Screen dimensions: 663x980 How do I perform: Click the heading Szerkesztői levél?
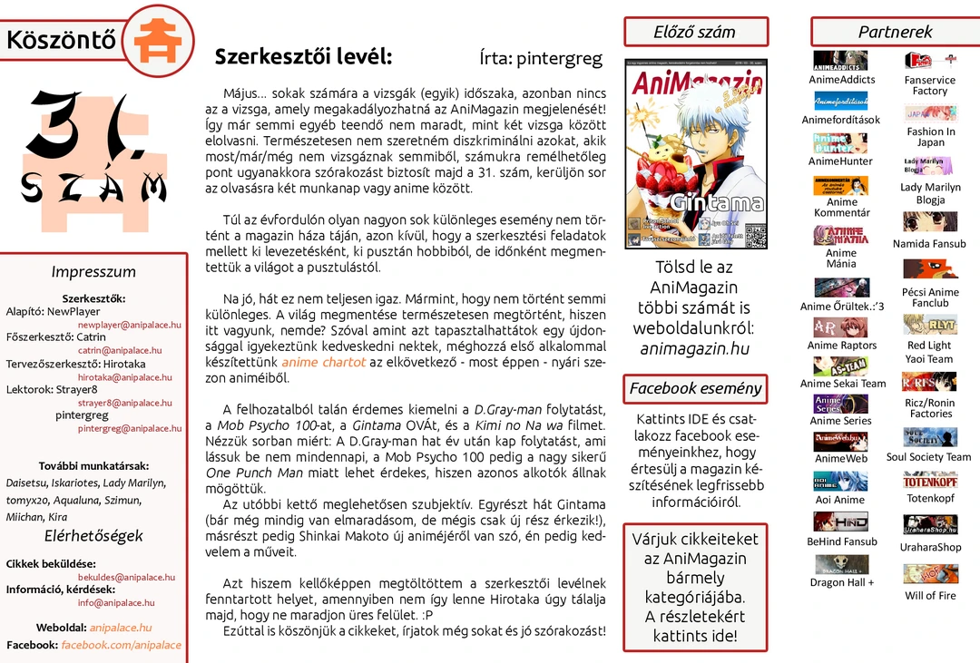303,57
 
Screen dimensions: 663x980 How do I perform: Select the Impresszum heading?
93,272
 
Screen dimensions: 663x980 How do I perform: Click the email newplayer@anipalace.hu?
129,325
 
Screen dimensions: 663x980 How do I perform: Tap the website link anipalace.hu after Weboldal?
121,628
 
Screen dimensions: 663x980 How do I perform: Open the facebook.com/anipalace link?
121,645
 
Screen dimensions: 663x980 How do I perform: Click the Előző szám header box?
695,32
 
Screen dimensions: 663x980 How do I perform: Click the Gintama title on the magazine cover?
718,202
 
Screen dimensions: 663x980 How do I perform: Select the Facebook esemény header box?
695,389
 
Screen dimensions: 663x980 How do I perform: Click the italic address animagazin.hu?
695,349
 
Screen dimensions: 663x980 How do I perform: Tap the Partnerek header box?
895,32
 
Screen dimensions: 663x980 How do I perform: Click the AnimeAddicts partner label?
841,80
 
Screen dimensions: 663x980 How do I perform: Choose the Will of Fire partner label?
930,596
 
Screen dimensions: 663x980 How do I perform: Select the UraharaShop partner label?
930,548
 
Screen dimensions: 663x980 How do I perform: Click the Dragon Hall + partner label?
841,582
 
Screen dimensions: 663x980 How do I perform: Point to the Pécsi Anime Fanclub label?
930,297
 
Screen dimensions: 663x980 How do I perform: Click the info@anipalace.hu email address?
116,603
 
